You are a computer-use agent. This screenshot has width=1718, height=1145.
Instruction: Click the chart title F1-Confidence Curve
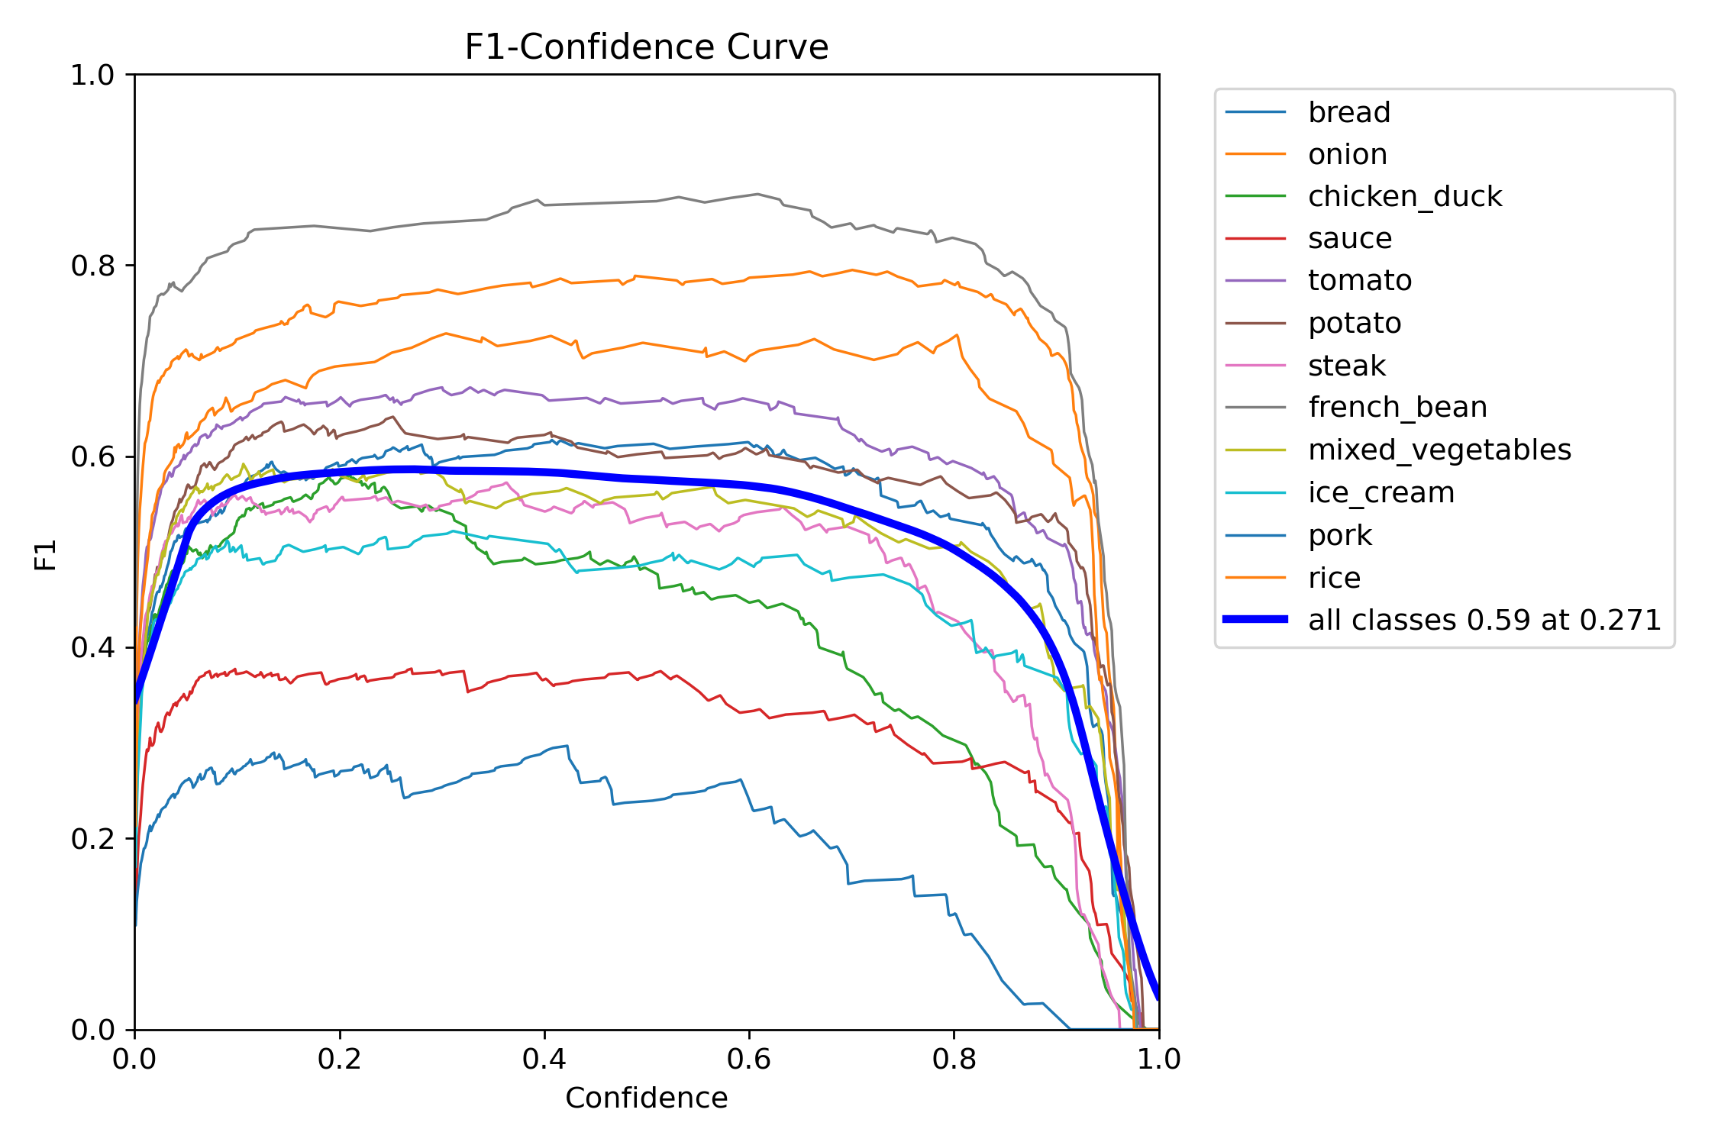coord(646,47)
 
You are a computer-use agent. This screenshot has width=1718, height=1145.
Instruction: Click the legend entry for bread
coord(1348,112)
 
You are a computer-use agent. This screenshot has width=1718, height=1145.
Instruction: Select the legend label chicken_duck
coord(1404,197)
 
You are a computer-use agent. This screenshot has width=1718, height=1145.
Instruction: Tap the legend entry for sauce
coord(1349,239)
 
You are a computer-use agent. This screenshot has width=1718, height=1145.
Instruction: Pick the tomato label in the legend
coord(1359,281)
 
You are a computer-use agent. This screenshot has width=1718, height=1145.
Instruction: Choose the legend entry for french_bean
coord(1397,408)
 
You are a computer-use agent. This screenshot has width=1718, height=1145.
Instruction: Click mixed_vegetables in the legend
coord(1439,450)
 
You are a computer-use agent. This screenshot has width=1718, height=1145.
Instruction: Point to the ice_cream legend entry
coord(1381,492)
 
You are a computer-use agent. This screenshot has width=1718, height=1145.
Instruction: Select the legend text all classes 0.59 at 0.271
coord(1484,620)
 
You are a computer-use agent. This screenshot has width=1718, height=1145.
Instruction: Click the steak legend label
coord(1346,366)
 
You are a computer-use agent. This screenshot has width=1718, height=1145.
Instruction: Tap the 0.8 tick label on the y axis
coord(92,266)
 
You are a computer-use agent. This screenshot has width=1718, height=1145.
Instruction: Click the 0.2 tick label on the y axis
coord(92,839)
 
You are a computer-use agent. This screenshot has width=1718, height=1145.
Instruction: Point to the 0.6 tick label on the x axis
coord(749,1059)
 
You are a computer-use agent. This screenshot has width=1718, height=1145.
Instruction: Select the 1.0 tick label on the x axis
coord(1158,1059)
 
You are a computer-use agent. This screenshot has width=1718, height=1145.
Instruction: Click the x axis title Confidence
coord(646,1098)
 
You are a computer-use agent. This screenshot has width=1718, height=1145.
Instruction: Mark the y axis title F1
coord(46,554)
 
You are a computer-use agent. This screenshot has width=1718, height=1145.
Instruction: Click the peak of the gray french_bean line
coord(757,194)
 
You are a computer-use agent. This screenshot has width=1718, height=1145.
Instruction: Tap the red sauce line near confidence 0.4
coord(544,679)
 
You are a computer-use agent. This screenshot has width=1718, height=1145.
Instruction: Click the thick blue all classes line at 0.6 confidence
coord(749,485)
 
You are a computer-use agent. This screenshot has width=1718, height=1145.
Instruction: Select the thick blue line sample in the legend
coord(1255,619)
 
